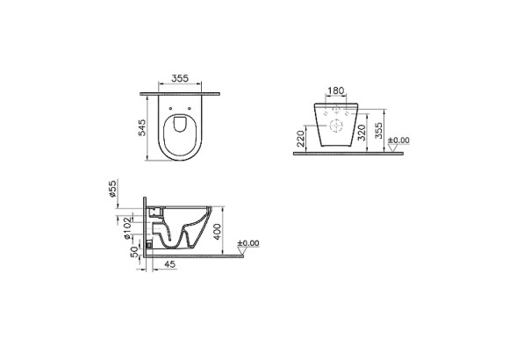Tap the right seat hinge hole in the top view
197,110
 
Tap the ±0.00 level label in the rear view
399,140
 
